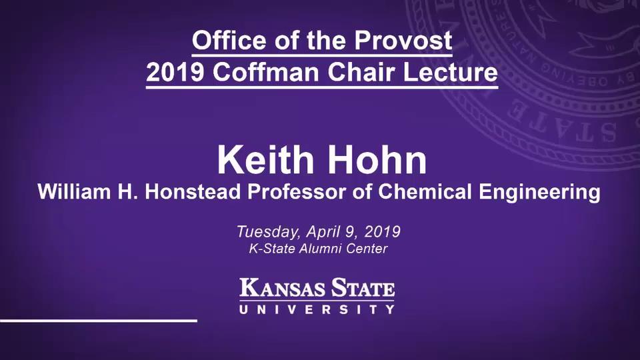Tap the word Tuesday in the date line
point(267,233)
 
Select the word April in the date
point(323,233)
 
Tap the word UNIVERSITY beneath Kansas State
point(317,309)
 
